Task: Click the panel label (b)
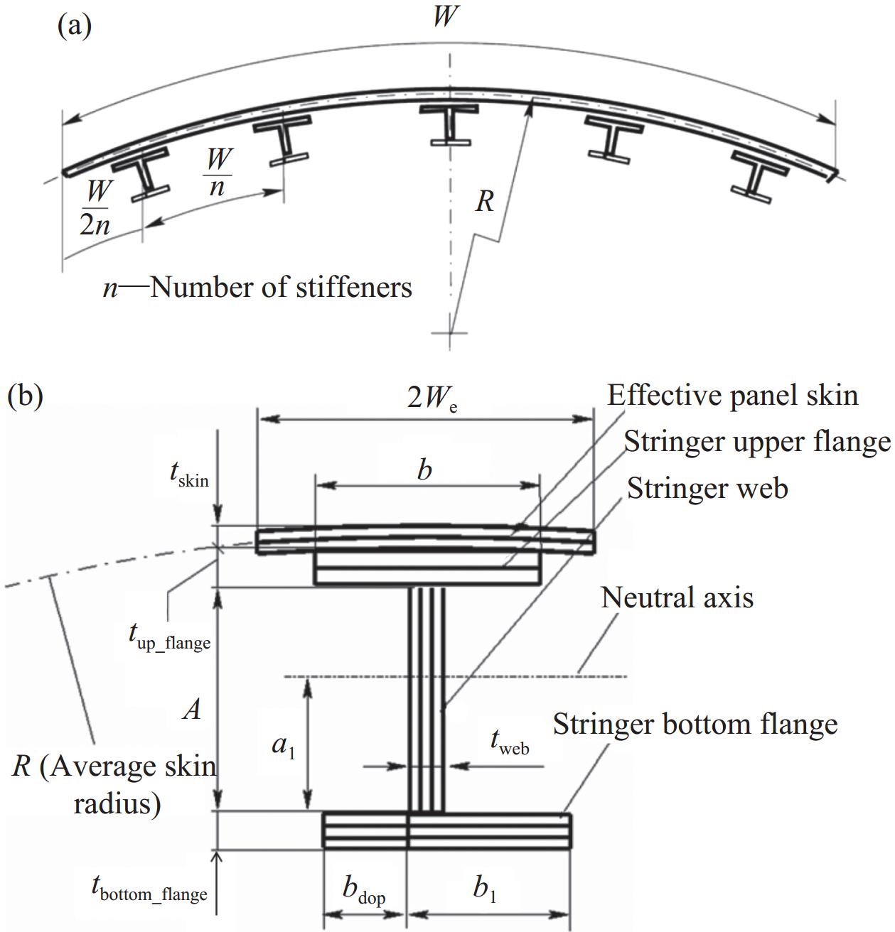[26, 396]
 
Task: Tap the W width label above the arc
[445, 16]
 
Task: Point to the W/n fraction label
[218, 172]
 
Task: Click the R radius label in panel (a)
[484, 201]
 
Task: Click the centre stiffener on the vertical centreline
[449, 124]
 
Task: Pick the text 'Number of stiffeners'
[281, 288]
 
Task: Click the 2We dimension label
[432, 399]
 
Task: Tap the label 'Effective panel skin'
[732, 395]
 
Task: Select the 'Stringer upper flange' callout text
[757, 442]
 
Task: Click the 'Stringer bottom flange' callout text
[695, 724]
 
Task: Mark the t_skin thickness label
[189, 477]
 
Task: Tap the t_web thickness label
[510, 742]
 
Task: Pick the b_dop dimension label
[364, 891]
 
